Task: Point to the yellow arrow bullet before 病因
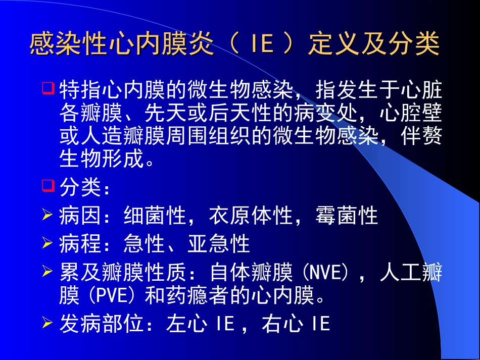tap(47, 216)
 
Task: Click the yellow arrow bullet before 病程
tap(47, 244)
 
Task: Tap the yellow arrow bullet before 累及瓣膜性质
tap(47, 273)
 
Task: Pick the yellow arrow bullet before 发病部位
tap(47, 323)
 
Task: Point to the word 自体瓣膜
tap(251, 274)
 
